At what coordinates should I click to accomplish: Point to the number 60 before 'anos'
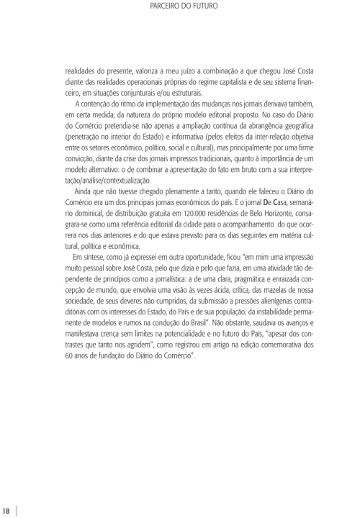[70, 355]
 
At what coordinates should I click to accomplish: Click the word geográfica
[278, 134]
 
